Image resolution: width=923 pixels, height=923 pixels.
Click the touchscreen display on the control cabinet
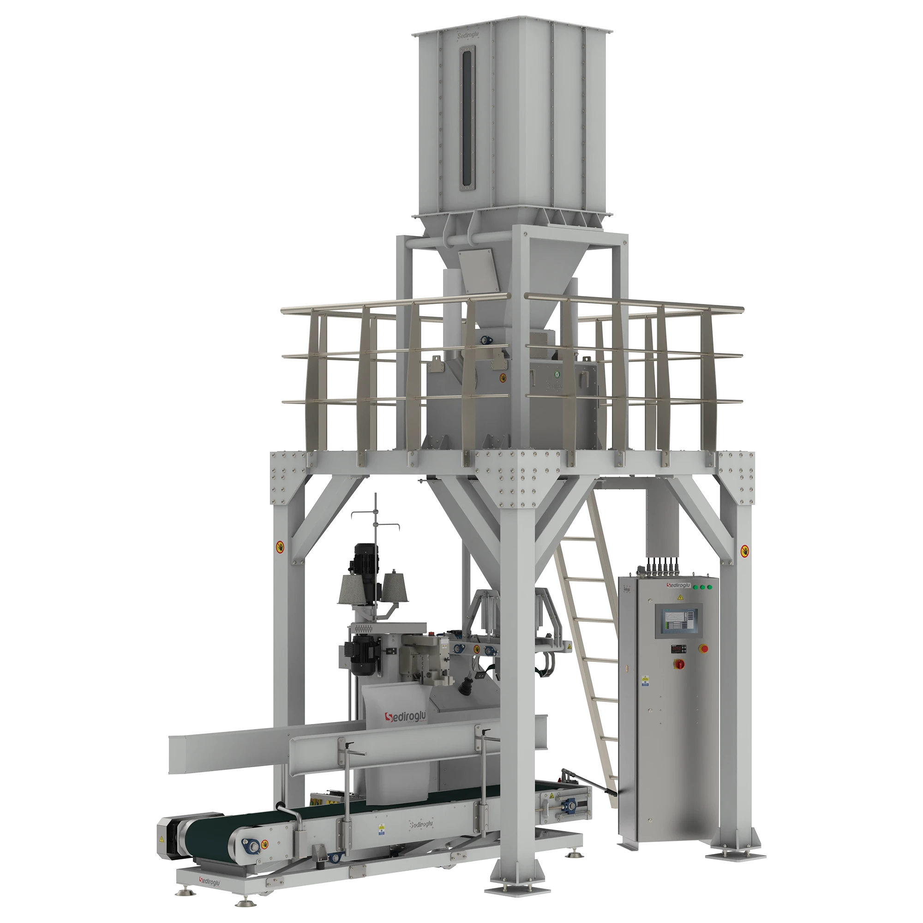678,620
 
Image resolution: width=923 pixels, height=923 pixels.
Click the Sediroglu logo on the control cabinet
678,585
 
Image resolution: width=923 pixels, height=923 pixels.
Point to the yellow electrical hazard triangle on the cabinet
679,597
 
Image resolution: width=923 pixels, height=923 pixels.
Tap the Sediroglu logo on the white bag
406,717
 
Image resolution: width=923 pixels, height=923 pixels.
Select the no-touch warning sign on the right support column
745,551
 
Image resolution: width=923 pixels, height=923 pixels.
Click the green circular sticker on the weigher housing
556,375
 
